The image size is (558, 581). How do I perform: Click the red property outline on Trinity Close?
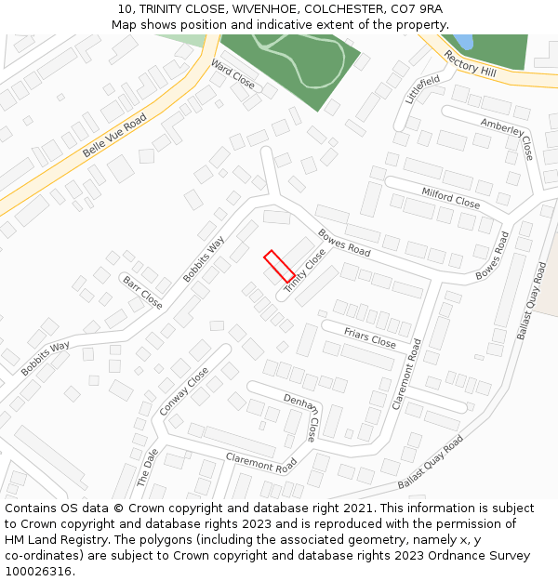[x=279, y=266]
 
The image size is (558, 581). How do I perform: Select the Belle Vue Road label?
[x=114, y=135]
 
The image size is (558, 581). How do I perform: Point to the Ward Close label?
[x=232, y=73]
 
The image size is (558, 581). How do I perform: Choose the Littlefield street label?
[x=422, y=90]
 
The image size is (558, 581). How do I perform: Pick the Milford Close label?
[x=450, y=198]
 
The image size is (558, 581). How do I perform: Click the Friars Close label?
[x=369, y=338]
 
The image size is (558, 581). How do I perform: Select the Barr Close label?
[x=142, y=292]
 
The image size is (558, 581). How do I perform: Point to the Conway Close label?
[x=184, y=391]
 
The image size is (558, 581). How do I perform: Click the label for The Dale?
[x=148, y=468]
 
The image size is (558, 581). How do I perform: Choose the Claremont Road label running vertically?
[x=407, y=374]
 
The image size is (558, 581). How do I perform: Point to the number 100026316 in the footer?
[x=37, y=572]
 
